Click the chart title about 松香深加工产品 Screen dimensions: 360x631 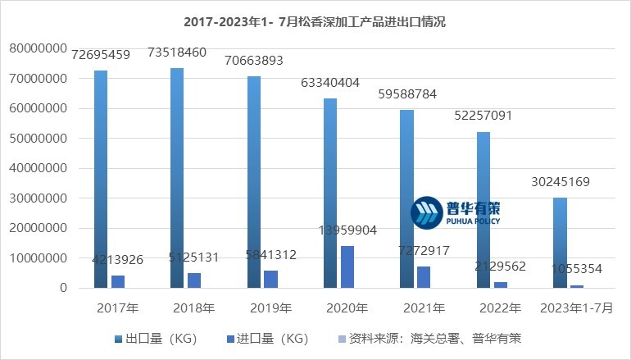point(315,22)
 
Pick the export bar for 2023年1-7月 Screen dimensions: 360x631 point(560,243)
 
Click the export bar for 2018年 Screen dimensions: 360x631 point(177,178)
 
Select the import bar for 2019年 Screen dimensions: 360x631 point(270,279)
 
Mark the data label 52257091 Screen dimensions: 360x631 point(483,116)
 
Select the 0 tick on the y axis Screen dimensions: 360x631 point(62,288)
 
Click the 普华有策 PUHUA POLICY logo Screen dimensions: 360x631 point(456,212)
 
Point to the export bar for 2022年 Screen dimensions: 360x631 point(483,210)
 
